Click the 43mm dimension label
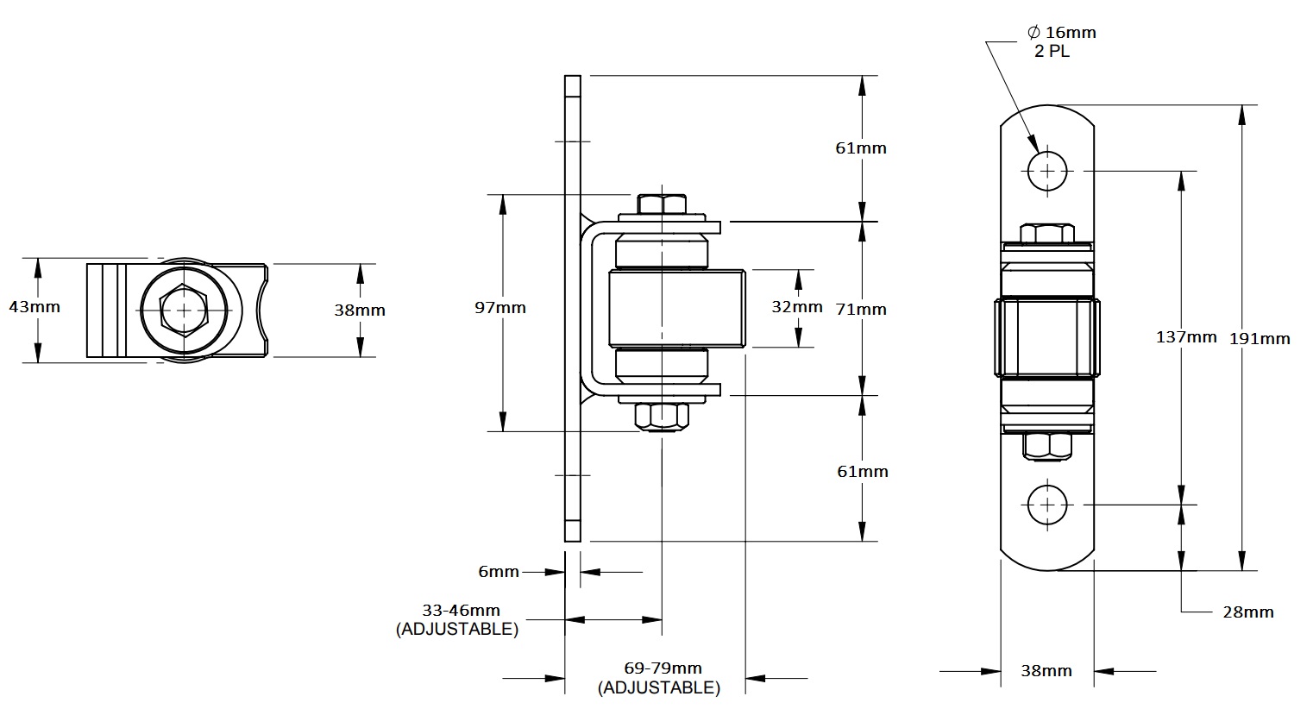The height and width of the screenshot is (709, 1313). (35, 306)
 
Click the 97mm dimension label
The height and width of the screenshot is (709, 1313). (500, 308)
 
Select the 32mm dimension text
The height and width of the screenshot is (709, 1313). (796, 307)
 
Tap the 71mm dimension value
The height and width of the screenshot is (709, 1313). (861, 309)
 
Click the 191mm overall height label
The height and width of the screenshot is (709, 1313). (1260, 338)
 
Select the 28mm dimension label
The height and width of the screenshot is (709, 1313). (1247, 612)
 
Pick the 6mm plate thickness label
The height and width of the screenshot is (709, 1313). (499, 572)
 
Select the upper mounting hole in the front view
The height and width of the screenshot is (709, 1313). (1047, 171)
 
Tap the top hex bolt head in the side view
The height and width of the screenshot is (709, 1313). (662, 204)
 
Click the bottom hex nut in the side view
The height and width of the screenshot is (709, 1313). (662, 416)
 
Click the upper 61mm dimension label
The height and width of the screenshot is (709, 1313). (860, 147)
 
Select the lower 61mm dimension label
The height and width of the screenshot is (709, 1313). (860, 471)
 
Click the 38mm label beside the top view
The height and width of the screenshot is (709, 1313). (360, 311)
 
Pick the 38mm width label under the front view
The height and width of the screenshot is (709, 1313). (1046, 670)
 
